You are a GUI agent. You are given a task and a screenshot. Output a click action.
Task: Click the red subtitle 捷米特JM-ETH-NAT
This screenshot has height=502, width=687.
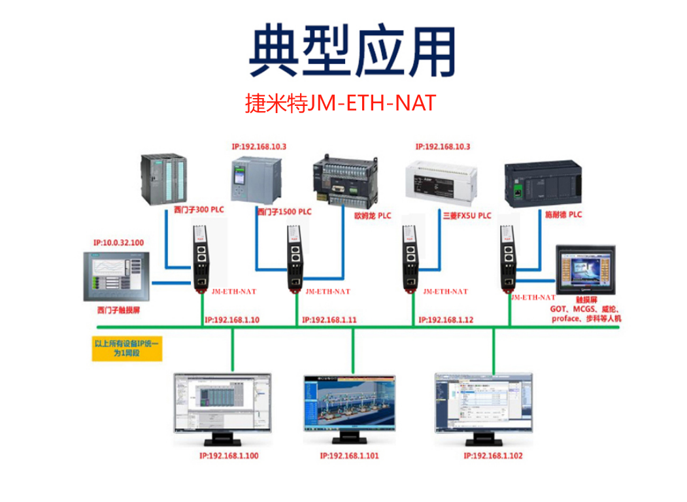(340, 103)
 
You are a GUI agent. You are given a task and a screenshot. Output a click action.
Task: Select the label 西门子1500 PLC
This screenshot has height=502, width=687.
(284, 212)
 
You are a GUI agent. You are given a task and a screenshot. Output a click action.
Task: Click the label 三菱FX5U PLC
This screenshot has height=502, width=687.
(466, 215)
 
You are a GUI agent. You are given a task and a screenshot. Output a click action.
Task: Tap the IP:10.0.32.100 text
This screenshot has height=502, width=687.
(118, 243)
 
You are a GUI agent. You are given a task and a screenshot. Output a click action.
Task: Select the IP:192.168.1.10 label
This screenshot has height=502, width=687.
(231, 320)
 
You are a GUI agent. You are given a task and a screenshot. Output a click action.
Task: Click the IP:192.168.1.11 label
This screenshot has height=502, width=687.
(329, 320)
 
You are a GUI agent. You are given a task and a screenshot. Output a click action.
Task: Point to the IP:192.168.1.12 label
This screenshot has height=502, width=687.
(446, 320)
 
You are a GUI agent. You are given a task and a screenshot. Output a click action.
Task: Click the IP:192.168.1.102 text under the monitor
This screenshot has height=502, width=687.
(494, 456)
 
